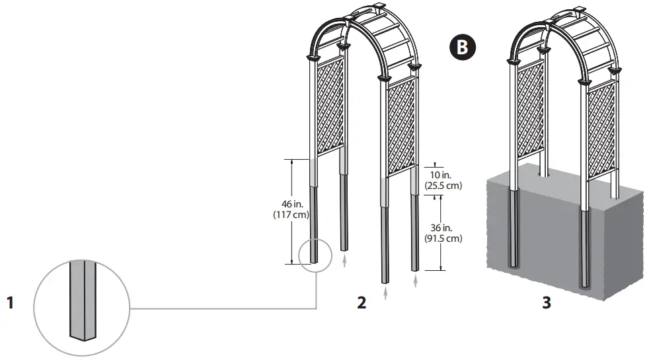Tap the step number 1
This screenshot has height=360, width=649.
coord(11,303)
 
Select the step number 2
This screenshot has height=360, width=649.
coord(361,303)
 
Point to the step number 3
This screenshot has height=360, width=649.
coord(547,303)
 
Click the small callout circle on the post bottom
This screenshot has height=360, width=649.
coord(315,255)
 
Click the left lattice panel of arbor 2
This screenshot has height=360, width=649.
coord(330,106)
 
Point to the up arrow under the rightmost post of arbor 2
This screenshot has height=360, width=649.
coord(416,282)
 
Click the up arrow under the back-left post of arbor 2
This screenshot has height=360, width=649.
coord(345,261)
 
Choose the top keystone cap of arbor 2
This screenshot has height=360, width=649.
coord(379,9)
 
